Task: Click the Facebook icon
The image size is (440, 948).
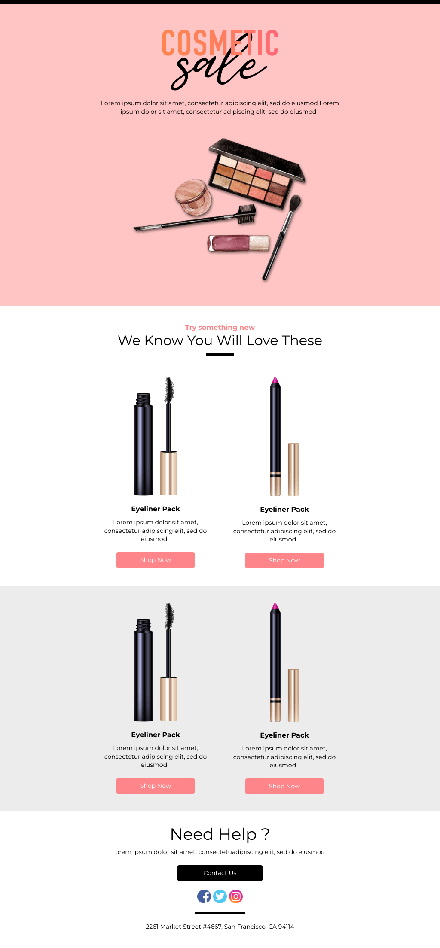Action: click(204, 896)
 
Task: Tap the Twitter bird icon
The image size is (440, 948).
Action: click(220, 896)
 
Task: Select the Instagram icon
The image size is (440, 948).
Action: click(236, 896)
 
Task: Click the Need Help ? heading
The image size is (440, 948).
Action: click(220, 834)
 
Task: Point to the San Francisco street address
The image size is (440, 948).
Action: click(220, 927)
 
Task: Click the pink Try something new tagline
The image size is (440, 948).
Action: click(220, 327)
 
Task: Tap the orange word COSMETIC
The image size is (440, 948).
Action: click(220, 43)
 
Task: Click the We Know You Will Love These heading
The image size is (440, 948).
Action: click(220, 340)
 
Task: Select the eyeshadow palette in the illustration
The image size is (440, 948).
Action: click(257, 173)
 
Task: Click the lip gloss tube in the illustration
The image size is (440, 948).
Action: click(238, 243)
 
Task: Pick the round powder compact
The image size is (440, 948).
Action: click(193, 197)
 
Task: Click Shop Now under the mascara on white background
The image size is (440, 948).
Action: click(156, 560)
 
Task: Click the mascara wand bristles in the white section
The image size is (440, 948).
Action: click(170, 390)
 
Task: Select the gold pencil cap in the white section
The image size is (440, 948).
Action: click(293, 469)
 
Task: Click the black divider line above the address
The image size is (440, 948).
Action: click(220, 913)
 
